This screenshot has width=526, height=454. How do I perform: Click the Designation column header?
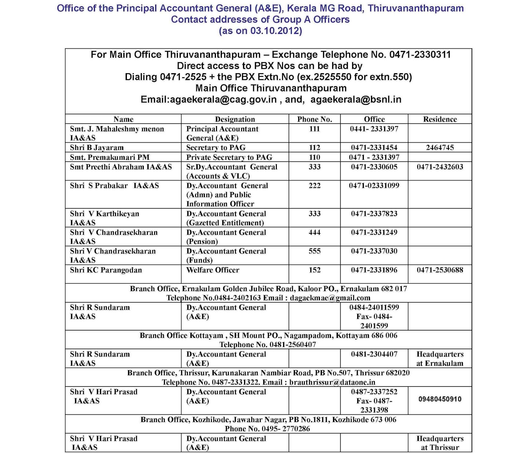click(x=235, y=119)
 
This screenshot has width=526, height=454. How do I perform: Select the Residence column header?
click(x=440, y=119)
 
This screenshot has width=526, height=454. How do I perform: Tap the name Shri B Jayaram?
click(x=97, y=147)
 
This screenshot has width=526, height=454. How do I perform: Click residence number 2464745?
click(x=440, y=147)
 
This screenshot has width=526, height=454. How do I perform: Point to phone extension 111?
click(x=314, y=129)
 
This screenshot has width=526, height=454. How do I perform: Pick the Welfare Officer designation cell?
click(x=213, y=270)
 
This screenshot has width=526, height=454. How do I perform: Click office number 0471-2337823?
click(x=374, y=214)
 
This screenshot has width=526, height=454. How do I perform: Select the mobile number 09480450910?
click(x=440, y=399)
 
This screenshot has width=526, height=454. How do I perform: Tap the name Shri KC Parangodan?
click(x=106, y=270)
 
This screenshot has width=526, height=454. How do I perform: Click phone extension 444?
click(x=314, y=232)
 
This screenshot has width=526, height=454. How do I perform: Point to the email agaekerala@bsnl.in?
click(x=356, y=99)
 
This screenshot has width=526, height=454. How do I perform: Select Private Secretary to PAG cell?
click(x=229, y=157)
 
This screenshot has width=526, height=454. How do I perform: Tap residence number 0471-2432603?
click(x=440, y=167)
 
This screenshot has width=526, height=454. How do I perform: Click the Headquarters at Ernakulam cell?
click(x=440, y=359)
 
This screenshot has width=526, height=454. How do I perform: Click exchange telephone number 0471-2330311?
click(x=420, y=55)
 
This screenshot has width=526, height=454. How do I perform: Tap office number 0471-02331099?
click(x=374, y=186)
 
